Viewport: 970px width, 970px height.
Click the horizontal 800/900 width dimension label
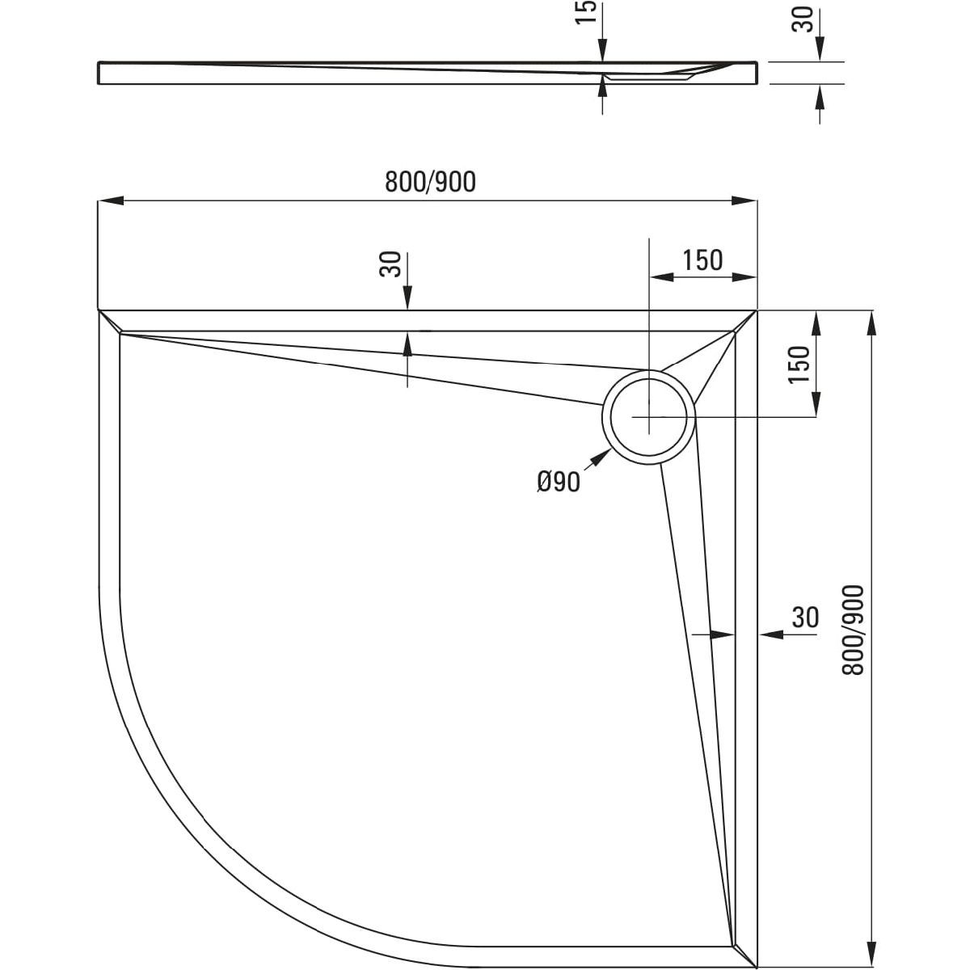coord(430,183)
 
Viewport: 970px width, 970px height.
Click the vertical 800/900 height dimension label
coord(854,630)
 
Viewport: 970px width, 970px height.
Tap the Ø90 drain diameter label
coord(558,483)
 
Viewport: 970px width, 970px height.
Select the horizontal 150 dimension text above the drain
coord(702,260)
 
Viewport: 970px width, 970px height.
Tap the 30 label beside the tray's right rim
coord(805,618)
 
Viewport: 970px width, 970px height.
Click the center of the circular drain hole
coord(648,418)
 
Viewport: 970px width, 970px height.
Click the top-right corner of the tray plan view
coord(757,310)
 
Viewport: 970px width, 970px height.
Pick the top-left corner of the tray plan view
coord(98,310)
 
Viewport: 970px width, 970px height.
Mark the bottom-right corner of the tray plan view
coord(757,967)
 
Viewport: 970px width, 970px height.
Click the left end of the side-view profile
coord(99,72)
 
